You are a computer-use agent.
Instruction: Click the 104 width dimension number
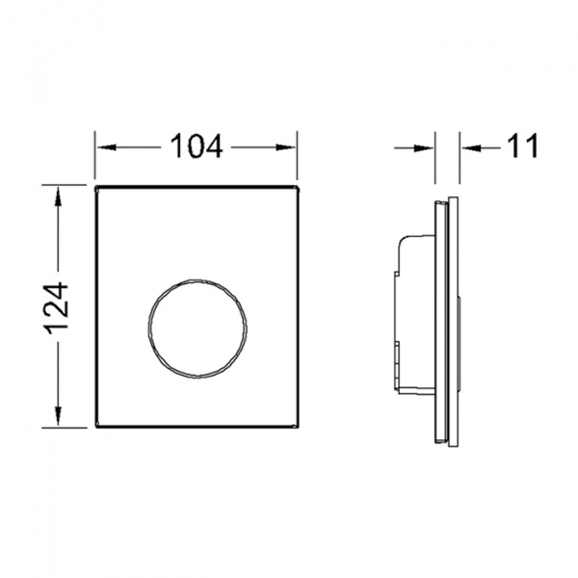point(197,146)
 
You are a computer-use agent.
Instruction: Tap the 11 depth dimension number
point(523,146)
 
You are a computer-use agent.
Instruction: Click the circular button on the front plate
point(197,328)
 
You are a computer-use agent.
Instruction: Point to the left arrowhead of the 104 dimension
point(107,147)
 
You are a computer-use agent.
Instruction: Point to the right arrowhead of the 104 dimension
point(285,147)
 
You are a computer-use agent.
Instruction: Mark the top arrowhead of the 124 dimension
point(58,197)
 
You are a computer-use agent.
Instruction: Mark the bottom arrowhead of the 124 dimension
point(58,416)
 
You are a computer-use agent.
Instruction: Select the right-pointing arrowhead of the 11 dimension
point(424,148)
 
